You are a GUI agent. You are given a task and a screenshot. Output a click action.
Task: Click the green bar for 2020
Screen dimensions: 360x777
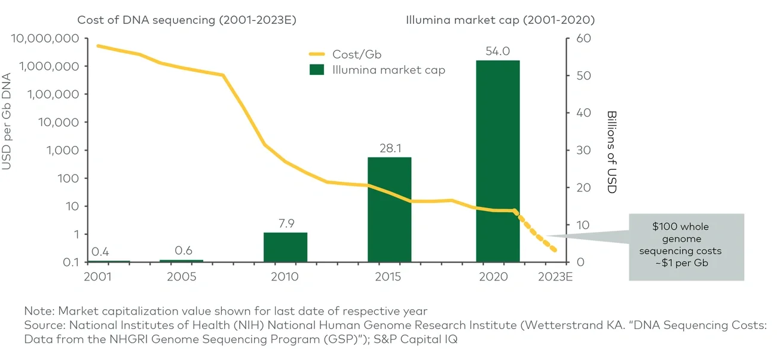tap(497, 161)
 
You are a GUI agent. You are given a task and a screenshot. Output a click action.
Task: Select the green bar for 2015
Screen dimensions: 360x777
tap(389, 209)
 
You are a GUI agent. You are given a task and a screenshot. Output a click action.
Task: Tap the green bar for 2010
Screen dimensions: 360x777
tap(285, 247)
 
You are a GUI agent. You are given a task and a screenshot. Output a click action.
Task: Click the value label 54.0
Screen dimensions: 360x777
tap(497, 51)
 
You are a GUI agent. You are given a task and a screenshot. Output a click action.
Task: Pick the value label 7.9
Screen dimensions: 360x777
tap(285, 224)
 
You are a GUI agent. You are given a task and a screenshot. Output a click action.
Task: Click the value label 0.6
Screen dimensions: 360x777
tap(183, 251)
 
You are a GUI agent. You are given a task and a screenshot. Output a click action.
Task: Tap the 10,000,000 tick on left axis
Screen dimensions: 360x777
tap(45, 38)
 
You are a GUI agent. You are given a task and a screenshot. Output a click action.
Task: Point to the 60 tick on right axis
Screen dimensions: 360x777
tap(582, 38)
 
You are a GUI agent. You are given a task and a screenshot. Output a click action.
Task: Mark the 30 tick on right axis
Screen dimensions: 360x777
tap(582, 151)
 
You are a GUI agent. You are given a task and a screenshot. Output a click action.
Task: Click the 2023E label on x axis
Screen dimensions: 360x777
tap(555, 277)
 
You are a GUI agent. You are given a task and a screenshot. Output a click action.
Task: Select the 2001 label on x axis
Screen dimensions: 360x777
tap(98, 277)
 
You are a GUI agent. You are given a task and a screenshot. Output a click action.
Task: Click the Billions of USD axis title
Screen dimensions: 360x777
tap(611, 151)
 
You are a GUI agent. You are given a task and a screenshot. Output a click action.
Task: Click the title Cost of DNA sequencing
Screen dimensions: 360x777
tap(186, 20)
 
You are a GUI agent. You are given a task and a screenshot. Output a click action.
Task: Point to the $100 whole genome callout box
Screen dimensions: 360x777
tap(686, 247)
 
